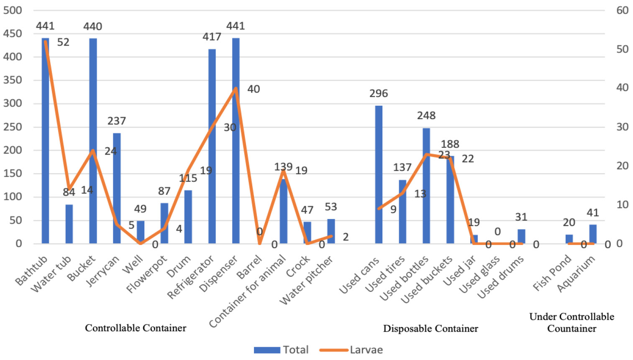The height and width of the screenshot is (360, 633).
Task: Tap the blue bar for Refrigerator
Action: coord(212,146)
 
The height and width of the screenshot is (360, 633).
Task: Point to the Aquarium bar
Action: coord(593,234)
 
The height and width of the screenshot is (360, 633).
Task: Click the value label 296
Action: coord(379,94)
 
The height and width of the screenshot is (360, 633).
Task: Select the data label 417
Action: coord(212,37)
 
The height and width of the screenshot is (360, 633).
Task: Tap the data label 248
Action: coord(426,116)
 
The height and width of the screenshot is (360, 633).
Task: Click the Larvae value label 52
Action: coord(63,42)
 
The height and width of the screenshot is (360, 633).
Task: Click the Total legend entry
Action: coord(282,350)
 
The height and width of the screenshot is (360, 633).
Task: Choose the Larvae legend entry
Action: coord(351,350)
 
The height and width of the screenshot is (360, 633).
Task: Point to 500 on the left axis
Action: coord(13,10)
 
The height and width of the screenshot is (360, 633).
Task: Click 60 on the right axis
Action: coord(623,10)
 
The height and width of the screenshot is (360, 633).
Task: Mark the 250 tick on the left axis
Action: coord(13,127)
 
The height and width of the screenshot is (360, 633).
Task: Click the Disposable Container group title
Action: coord(431,329)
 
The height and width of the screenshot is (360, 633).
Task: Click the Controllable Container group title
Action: coord(136,328)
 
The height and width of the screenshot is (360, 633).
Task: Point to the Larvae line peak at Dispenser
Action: coord(236,88)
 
